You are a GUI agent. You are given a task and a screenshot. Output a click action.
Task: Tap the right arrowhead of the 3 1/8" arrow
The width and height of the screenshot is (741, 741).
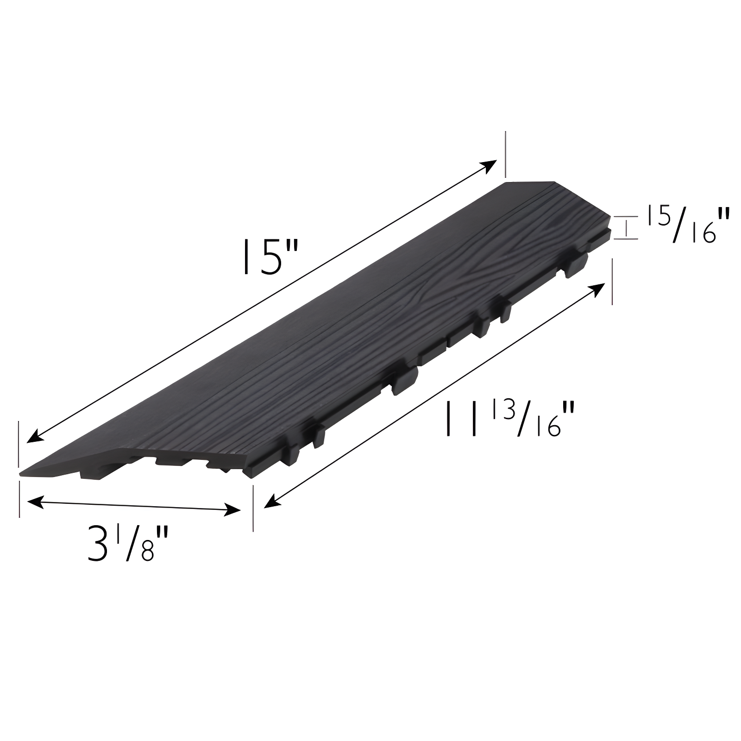pos(234,511)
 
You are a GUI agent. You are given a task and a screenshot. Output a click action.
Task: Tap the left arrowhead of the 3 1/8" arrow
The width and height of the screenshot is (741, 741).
pos(33,502)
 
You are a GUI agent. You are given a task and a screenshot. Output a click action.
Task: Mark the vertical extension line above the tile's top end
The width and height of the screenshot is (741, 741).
pos(505,154)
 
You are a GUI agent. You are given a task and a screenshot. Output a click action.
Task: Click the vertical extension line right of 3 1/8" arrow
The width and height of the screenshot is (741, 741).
pos(253,507)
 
